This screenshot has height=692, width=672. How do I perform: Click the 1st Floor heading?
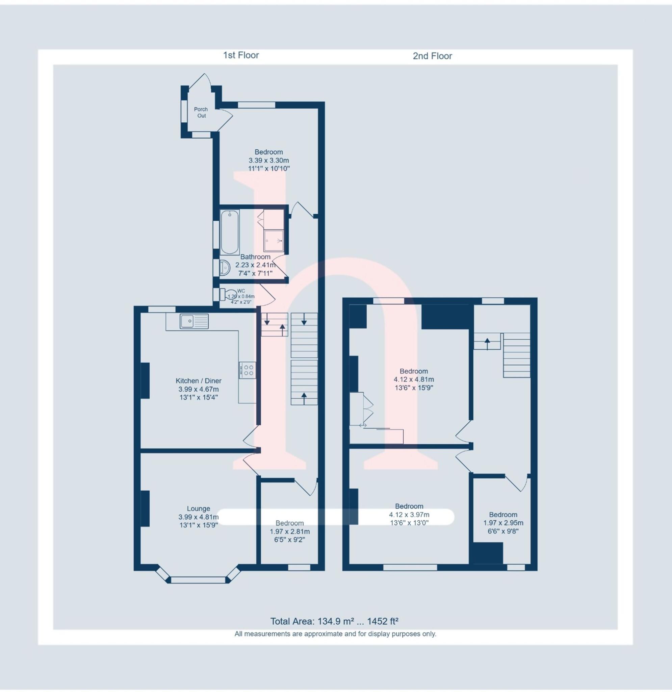tap(241, 55)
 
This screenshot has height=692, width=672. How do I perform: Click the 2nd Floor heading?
tap(432, 56)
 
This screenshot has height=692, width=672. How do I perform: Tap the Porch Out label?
tap(201, 113)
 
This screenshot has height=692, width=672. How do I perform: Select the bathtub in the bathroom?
tap(229, 232)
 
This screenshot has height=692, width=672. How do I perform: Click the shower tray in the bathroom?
tap(274, 241)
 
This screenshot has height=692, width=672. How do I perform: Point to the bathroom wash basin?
tap(225, 268)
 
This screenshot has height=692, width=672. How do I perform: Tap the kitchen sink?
tap(194, 321)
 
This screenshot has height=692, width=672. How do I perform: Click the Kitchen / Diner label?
tap(198, 381)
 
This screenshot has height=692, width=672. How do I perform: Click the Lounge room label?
tap(198, 509)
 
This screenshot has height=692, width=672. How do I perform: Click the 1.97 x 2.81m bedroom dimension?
tap(290, 532)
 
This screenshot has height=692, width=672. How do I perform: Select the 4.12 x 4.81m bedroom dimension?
tap(414, 379)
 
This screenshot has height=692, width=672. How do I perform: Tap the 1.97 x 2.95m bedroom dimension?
tap(503, 523)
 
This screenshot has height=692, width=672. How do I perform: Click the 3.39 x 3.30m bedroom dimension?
tap(268, 160)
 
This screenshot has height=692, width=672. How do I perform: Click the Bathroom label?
tap(255, 257)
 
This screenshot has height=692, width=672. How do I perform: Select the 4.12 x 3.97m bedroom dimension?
tap(409, 515)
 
